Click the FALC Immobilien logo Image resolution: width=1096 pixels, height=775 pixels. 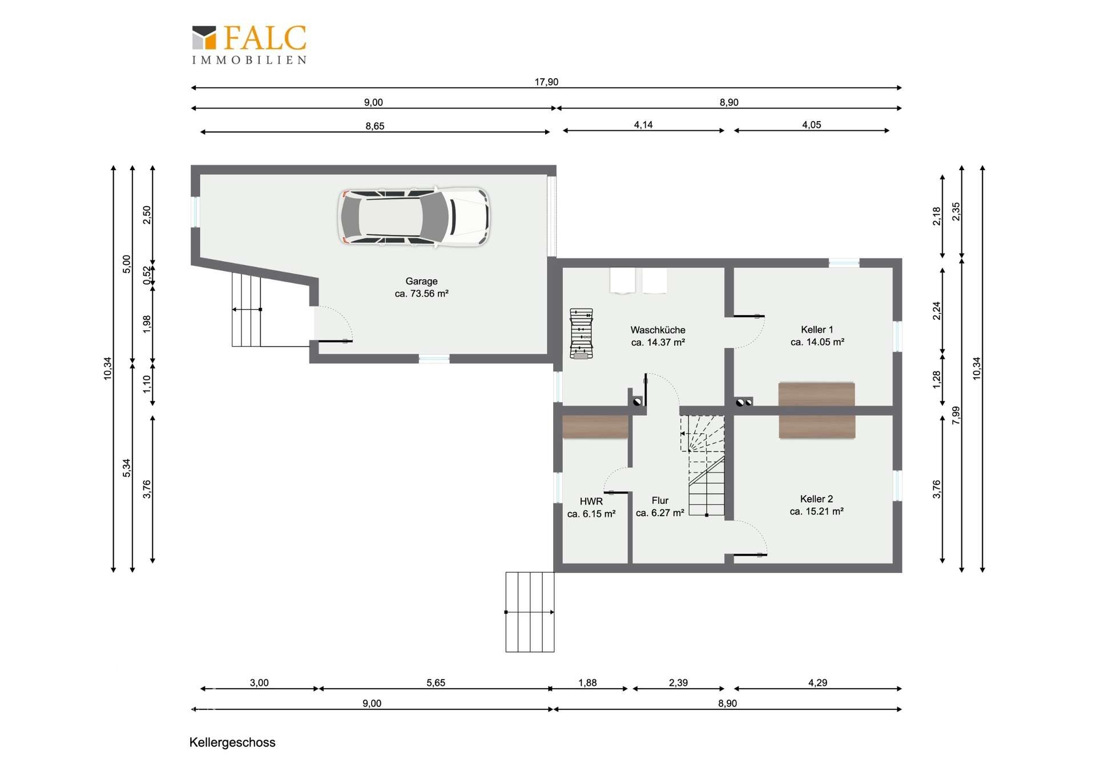tap(249, 45)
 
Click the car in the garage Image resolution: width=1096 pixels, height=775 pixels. tap(414, 217)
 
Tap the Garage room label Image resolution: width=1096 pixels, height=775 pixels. tap(422, 287)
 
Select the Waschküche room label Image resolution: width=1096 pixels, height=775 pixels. tap(658, 336)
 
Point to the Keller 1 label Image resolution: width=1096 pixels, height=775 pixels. tap(817, 336)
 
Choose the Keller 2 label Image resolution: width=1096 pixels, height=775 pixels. tap(817, 505)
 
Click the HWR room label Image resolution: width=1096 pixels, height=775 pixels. tap(591, 507)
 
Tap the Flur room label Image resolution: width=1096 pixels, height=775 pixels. tap(660, 507)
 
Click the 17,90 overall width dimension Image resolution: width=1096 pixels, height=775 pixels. tap(546, 82)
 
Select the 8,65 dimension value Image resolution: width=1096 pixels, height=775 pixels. tap(375, 126)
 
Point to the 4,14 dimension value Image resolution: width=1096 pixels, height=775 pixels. tap(643, 125)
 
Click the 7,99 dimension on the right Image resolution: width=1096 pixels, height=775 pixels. tap(956, 415)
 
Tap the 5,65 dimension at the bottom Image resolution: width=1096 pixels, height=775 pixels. tap(436, 682)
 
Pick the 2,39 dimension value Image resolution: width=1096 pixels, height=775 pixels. tap(678, 682)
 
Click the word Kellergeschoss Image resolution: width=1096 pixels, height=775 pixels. tap(232, 742)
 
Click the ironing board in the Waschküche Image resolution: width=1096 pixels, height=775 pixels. tap(581, 334)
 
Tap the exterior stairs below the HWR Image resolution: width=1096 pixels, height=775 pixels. tap(530, 612)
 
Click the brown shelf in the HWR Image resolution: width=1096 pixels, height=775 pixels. tap(595, 427)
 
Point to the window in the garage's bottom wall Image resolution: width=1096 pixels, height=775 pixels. tap(434, 359)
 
